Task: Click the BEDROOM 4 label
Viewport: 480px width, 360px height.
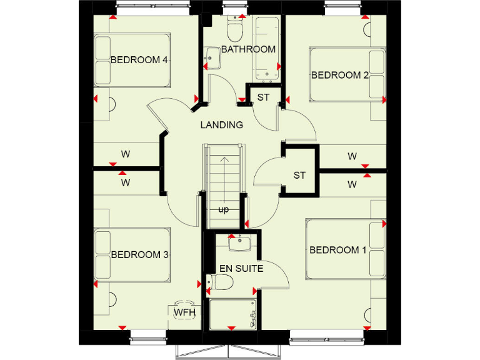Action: (x=139, y=60)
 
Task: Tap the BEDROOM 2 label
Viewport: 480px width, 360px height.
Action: (x=340, y=75)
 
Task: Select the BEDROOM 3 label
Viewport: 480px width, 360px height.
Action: (x=140, y=254)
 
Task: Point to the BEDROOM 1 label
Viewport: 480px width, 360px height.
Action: (x=338, y=250)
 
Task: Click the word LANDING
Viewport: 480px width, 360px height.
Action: (x=221, y=125)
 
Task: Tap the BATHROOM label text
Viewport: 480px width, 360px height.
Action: (x=248, y=49)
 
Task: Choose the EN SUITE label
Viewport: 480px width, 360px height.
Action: (x=241, y=269)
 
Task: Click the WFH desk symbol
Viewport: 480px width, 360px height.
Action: (x=185, y=311)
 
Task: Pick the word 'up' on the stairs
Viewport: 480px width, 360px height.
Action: (x=223, y=209)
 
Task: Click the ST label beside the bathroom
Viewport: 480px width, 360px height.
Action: (x=263, y=97)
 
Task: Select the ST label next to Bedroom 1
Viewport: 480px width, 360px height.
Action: (x=299, y=175)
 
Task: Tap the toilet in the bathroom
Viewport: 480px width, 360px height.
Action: (x=235, y=29)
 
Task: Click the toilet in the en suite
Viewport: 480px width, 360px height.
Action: (x=220, y=284)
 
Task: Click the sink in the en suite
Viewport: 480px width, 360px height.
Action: (x=240, y=243)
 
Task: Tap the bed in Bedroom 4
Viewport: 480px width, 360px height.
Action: (x=132, y=60)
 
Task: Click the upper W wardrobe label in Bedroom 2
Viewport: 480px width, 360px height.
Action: (x=352, y=156)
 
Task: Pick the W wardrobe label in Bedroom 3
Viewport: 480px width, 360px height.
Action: (x=126, y=183)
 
